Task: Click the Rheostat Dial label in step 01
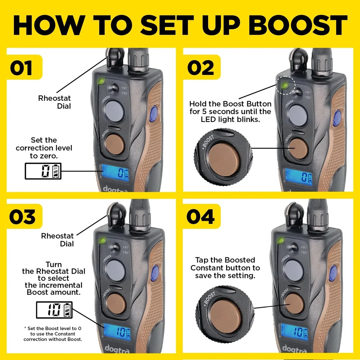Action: point(54,102)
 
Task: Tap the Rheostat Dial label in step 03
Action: point(57,240)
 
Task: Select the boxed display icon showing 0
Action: point(43,171)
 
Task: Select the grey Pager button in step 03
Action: point(114,269)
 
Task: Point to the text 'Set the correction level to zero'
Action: point(44,148)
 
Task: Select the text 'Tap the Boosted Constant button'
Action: point(225,267)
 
